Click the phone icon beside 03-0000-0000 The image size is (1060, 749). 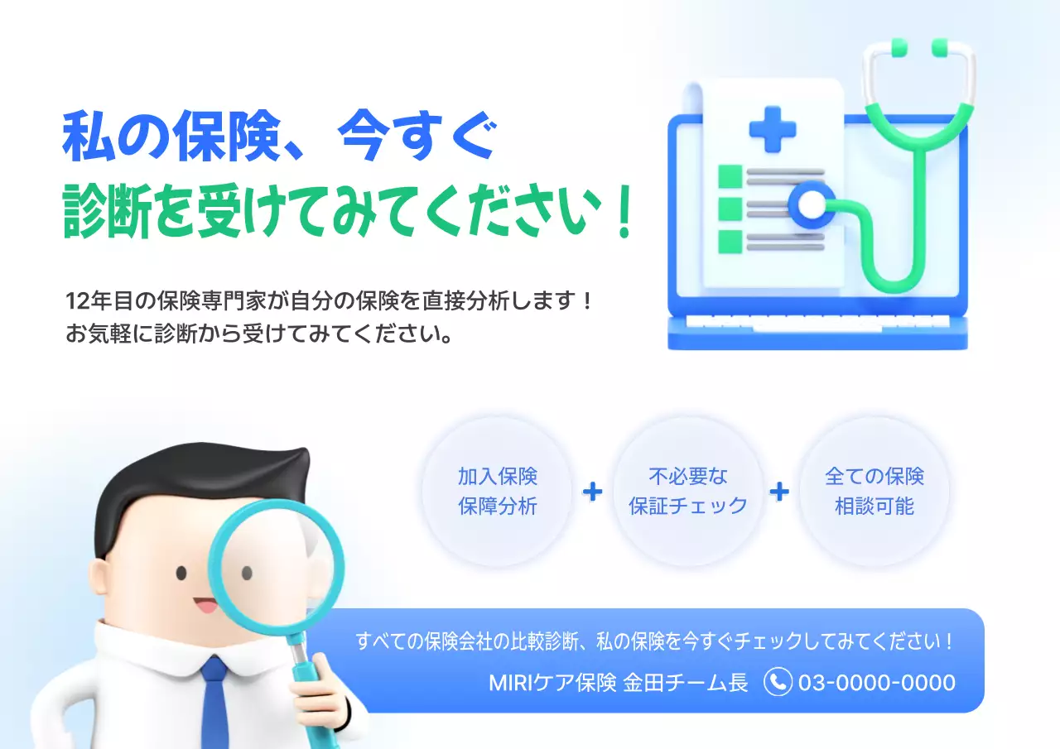(778, 682)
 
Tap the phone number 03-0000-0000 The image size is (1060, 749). (876, 683)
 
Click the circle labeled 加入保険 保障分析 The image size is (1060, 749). (498, 492)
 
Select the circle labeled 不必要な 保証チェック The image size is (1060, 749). (687, 492)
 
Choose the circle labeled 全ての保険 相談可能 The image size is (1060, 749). (874, 492)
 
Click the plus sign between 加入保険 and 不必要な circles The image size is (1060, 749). (593, 492)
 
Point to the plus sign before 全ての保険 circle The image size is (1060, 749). (779, 492)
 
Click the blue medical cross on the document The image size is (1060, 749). (772, 128)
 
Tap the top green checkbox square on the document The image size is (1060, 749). (730, 176)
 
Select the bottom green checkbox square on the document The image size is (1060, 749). (730, 242)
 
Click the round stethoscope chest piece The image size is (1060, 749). (812, 204)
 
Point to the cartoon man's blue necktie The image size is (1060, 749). (215, 703)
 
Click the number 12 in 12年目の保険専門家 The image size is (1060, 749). (75, 300)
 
